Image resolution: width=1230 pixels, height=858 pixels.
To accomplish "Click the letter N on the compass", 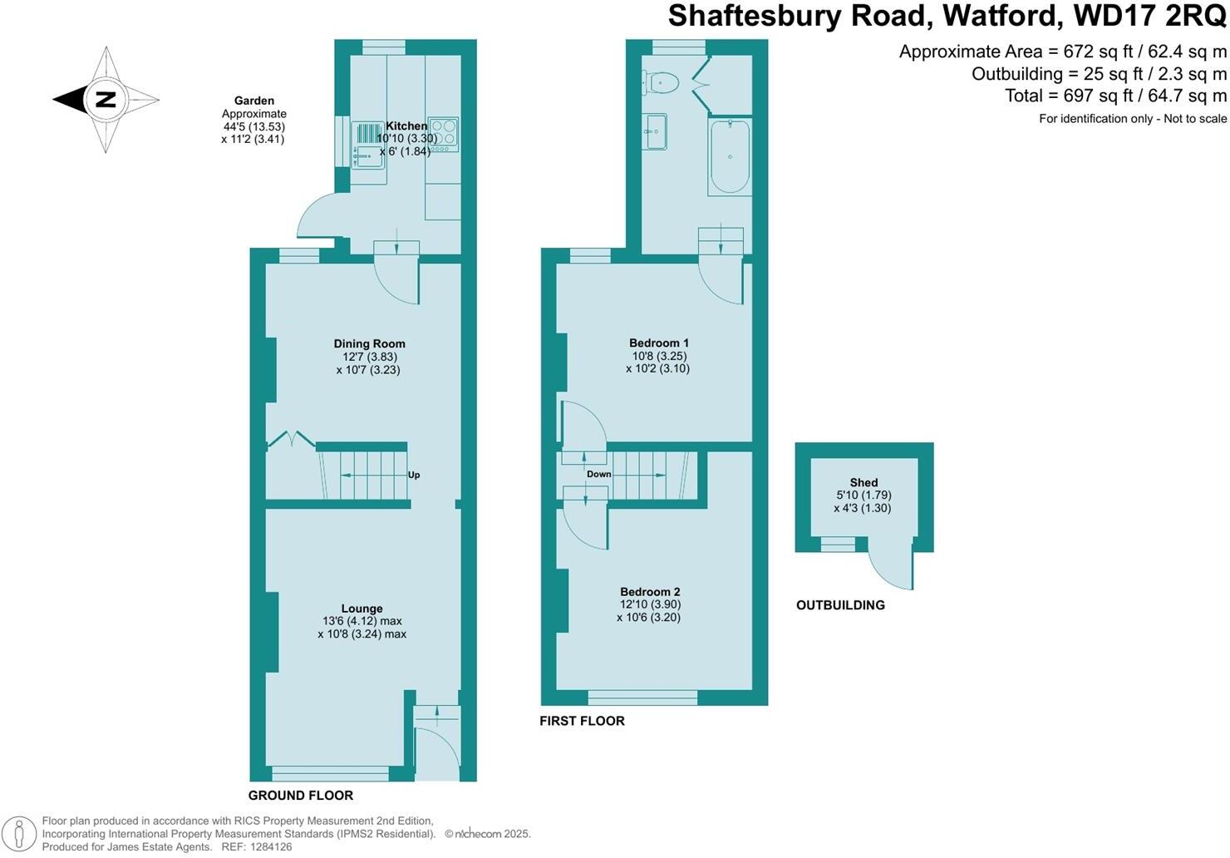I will click(x=106, y=100).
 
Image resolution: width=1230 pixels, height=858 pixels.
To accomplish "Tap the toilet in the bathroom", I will click(x=662, y=81).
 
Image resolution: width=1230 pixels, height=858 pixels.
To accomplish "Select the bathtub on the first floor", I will click(x=730, y=156).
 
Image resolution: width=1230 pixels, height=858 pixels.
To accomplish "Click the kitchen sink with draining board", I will click(x=367, y=145).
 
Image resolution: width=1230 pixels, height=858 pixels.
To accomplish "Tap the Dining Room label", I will click(x=369, y=343).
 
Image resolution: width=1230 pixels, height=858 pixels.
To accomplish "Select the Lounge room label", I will click(x=362, y=609).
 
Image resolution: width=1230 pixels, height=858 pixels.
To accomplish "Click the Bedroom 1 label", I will click(x=658, y=343).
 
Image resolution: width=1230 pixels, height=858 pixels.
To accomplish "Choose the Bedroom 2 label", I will click(x=649, y=592).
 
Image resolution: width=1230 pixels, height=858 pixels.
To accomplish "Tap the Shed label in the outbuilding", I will click(x=863, y=482).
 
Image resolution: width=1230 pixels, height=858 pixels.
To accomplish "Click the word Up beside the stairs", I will click(x=414, y=476).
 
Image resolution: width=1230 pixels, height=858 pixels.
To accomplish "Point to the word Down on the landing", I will click(x=598, y=474).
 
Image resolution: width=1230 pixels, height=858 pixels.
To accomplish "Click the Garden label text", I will click(x=253, y=101).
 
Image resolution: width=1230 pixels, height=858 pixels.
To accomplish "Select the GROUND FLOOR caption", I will click(x=301, y=796).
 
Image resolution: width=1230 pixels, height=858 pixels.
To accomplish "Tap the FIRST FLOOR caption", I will click(x=582, y=721).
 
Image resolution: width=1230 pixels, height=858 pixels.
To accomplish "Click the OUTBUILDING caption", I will click(x=840, y=605).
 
